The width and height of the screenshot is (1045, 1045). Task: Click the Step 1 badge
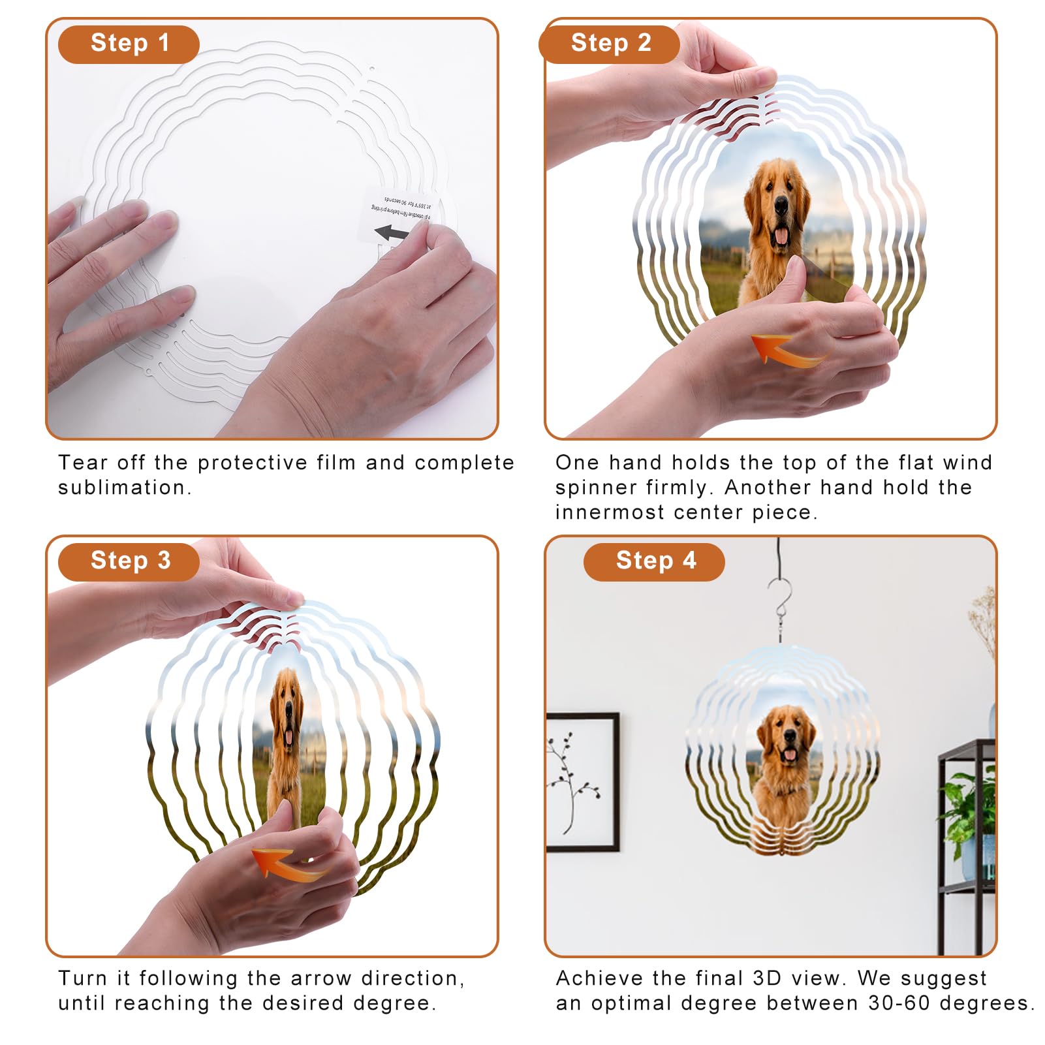click(129, 44)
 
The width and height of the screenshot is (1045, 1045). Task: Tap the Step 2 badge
click(610, 44)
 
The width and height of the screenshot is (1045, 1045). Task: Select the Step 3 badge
click(129, 561)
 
